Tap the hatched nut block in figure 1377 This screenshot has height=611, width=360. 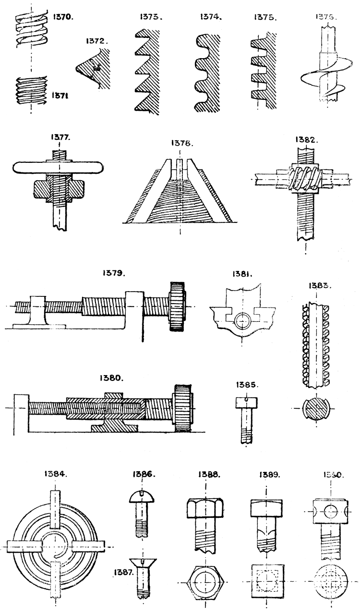pos(58,190)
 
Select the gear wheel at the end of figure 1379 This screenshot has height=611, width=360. pos(177,306)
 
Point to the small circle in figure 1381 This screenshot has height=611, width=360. pos(241,320)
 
